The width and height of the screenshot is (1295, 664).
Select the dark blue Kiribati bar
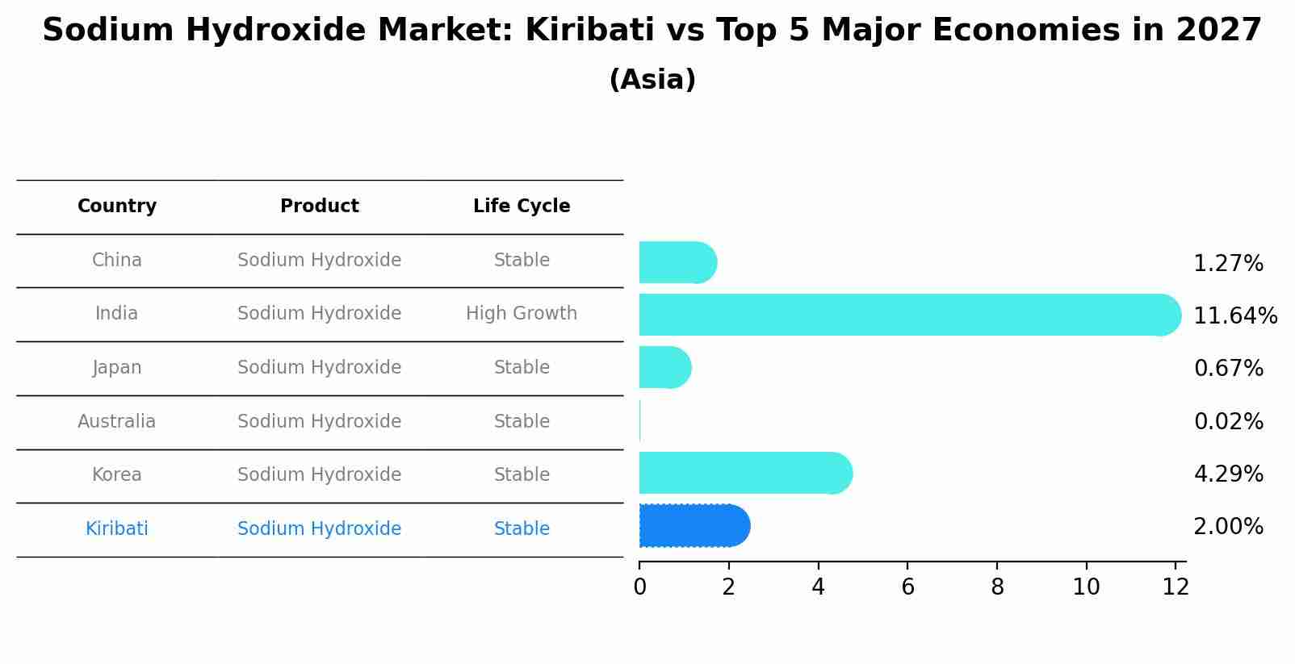coord(694,526)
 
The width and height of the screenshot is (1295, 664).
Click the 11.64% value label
coord(1235,315)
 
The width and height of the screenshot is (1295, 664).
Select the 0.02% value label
coord(1228,421)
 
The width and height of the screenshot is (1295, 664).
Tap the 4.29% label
coord(1228,474)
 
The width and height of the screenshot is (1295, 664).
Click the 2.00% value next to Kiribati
coord(1228,527)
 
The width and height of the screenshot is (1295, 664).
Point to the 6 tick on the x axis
coord(907,587)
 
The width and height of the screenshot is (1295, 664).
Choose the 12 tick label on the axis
coord(1176,587)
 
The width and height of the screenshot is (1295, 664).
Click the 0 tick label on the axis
coord(639,587)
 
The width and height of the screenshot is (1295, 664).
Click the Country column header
coord(117,207)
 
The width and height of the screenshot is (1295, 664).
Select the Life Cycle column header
coord(522,207)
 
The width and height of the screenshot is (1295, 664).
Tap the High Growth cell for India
coord(522,313)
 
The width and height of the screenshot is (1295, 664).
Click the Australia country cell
coord(117,421)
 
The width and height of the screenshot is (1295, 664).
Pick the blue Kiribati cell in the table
coord(117,528)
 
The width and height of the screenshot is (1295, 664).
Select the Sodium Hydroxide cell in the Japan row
coord(319,367)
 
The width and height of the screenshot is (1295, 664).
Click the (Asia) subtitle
coord(652,80)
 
